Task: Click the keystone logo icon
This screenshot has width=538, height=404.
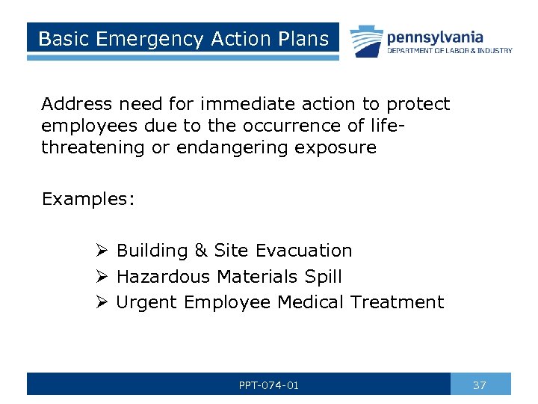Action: pos(365,42)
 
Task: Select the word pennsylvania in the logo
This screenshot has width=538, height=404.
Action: pos(434,37)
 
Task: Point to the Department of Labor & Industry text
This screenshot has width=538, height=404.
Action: pos(449,51)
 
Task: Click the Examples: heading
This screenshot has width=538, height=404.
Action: pos(88,199)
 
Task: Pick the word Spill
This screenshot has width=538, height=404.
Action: pos(324,277)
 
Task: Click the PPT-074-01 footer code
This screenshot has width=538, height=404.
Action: pos(268,385)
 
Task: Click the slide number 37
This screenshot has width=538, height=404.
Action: pos(480,385)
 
